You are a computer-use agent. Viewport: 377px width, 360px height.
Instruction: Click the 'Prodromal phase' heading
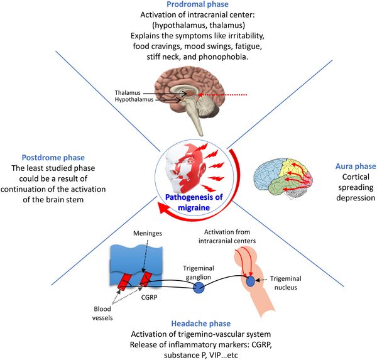[x=197, y=4]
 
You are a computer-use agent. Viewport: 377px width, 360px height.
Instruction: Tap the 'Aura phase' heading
[x=356, y=166]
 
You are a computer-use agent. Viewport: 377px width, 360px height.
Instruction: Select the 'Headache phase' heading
[x=201, y=324]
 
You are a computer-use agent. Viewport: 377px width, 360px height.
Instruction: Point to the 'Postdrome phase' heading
[x=53, y=158]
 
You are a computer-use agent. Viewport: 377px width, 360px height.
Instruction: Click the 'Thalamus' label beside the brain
[x=128, y=92]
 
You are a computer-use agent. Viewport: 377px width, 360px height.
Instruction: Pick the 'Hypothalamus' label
[x=134, y=99]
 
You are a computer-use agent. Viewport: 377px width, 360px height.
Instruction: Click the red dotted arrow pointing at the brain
[x=222, y=95]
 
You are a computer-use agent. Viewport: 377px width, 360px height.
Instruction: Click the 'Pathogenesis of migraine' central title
[x=194, y=202]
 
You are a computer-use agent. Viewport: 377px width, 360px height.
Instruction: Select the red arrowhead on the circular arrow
[x=164, y=207]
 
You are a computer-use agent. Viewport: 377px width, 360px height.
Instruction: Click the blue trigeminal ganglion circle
[x=199, y=288]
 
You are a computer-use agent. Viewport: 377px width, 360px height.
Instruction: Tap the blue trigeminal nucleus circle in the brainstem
[x=250, y=281]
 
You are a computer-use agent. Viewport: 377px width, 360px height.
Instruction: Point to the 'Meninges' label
[x=148, y=233]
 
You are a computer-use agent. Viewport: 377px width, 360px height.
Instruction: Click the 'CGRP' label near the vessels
[x=149, y=297]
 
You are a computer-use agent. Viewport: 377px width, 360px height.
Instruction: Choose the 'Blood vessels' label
[x=102, y=314]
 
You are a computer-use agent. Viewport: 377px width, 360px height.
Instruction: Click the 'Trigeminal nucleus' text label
[x=286, y=283]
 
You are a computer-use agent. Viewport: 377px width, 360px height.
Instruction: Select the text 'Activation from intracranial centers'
[x=227, y=236]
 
